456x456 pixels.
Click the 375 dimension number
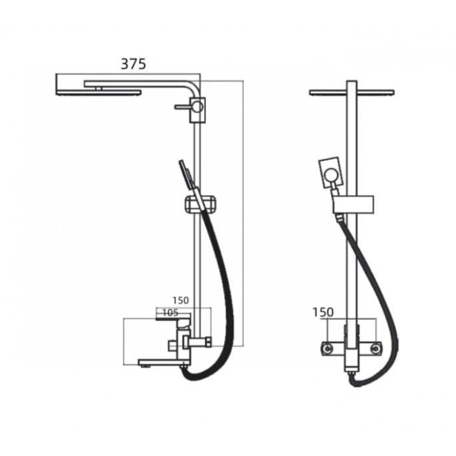pyautogui.click(x=134, y=64)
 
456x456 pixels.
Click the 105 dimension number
pyautogui.click(x=170, y=313)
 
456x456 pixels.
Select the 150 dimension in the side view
pyautogui.click(x=181, y=300)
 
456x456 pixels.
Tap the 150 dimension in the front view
pyautogui.click(x=323, y=312)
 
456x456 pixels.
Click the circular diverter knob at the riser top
pyautogui.click(x=198, y=106)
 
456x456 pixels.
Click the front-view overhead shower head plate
pyautogui.click(x=352, y=93)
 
